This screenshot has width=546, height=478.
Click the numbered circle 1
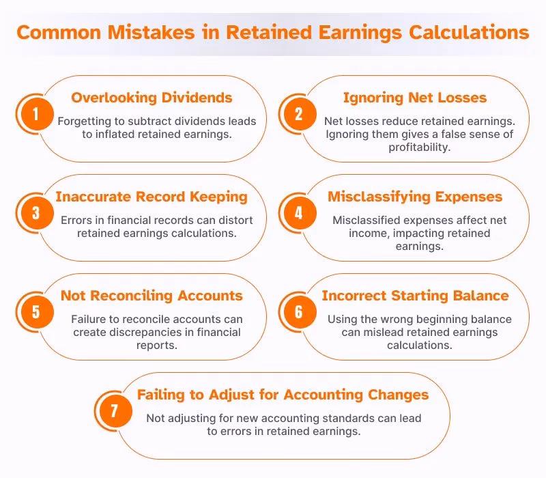(x=35, y=113)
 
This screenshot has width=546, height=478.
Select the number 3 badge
(x=35, y=213)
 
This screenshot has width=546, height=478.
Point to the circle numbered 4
(x=298, y=213)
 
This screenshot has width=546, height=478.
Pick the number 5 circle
(x=35, y=312)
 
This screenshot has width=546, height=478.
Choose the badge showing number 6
(x=298, y=312)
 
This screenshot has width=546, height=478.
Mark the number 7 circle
(x=113, y=412)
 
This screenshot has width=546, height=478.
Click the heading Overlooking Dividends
(x=152, y=98)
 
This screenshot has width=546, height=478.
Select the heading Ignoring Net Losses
(x=415, y=98)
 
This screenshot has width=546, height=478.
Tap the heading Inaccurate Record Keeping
(x=152, y=197)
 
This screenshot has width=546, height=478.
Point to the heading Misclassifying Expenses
(x=415, y=197)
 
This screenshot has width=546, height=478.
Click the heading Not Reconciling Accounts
(x=152, y=296)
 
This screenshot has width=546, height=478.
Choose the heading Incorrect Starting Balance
(x=415, y=296)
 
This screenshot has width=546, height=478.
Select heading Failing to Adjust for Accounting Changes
(x=283, y=395)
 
